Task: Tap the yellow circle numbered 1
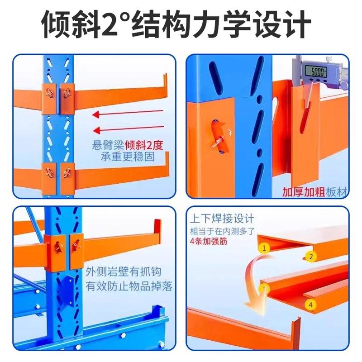pyautogui.click(x=264, y=248)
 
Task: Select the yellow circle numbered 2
pyautogui.click(x=310, y=257)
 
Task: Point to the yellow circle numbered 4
pyautogui.click(x=310, y=305)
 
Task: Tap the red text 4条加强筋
pyautogui.click(x=209, y=241)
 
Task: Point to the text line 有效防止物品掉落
pyautogui.click(x=129, y=286)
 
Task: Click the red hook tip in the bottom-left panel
pyautogui.click(x=157, y=226)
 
